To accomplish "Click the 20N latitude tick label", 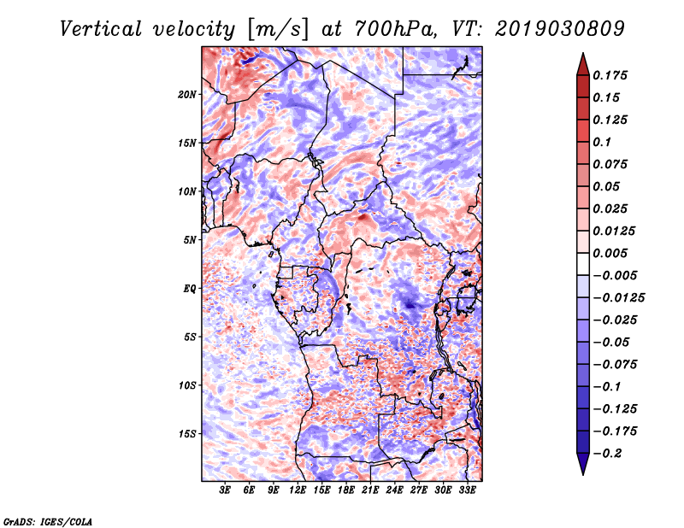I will [187, 94].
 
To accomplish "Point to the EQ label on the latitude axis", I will [190, 288].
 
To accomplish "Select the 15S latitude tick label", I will [187, 433].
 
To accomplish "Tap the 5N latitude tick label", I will [190, 240].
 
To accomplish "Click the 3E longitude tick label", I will [225, 490].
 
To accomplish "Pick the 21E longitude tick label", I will [370, 490].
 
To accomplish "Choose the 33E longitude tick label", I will [467, 490].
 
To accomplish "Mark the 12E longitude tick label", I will [298, 490].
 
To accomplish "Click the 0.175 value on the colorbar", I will [612, 75].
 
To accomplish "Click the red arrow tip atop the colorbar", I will [581, 60].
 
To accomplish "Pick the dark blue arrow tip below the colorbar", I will [581, 467].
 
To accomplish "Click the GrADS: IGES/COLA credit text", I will [47, 520].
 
